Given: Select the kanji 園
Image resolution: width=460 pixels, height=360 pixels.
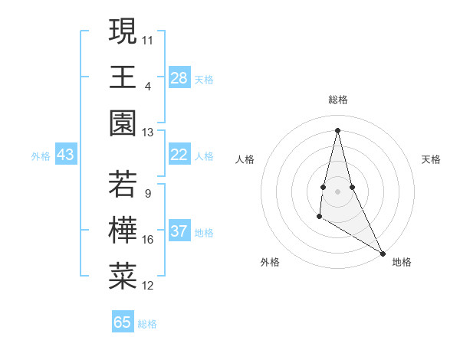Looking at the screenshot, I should click(123, 124).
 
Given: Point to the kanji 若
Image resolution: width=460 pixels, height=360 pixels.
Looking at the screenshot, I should click(123, 185).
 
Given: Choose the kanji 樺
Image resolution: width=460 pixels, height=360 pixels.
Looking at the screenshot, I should click(123, 231).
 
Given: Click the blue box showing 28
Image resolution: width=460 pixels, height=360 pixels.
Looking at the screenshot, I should click(179, 78).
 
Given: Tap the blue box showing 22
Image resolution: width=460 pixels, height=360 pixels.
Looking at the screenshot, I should click(179, 155).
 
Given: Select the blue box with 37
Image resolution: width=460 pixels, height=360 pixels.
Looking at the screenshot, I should click(179, 231).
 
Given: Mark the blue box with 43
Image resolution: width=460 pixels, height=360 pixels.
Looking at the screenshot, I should click(66, 155).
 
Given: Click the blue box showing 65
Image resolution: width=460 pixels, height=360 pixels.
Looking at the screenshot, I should click(123, 322).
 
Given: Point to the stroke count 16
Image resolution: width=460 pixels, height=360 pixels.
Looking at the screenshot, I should click(148, 240).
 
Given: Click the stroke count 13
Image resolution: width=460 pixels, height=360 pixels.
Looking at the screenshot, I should click(148, 133).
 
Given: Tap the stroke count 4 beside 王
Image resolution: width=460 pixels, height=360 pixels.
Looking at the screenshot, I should click(147, 86).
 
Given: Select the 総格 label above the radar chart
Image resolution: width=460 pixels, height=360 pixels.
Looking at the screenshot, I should click(338, 100).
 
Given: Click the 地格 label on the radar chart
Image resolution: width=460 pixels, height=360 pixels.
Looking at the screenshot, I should click(402, 262).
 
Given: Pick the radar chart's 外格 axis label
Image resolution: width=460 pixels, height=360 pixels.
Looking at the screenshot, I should click(270, 262).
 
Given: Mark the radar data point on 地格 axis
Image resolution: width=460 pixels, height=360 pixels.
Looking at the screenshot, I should click(383, 253).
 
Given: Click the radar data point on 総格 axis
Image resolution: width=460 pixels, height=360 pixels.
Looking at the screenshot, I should click(337, 129).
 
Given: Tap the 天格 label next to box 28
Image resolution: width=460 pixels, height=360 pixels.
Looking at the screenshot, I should click(204, 79).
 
